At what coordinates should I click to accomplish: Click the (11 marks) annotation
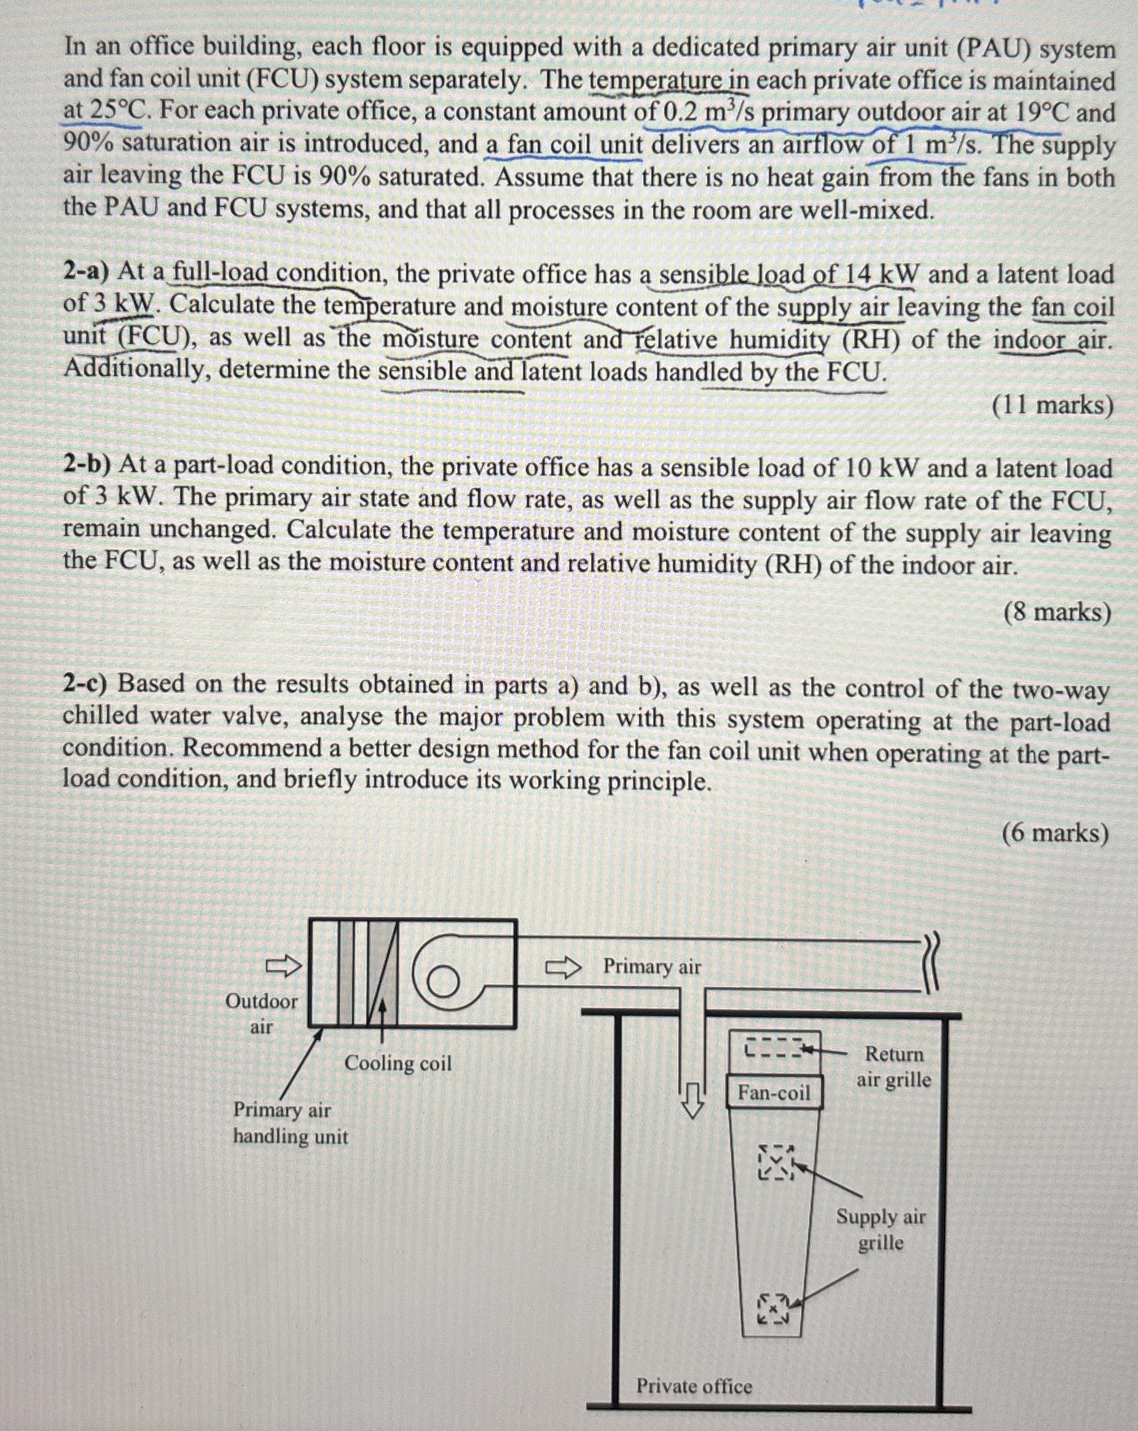[1052, 405]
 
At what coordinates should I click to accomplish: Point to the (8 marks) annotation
[1056, 612]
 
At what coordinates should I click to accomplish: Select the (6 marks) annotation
[1055, 832]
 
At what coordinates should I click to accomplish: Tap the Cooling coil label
[398, 1063]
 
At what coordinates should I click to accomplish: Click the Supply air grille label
[880, 1229]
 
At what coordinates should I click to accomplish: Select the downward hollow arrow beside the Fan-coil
[693, 1098]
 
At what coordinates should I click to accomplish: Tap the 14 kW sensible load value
[880, 274]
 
